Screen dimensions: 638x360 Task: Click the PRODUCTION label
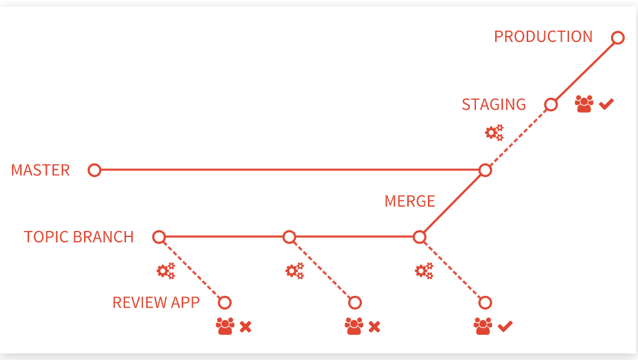click(543, 37)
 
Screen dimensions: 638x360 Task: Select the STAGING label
click(494, 104)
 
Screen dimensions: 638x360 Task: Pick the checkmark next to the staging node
click(606, 104)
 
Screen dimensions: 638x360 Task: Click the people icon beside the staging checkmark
click(584, 104)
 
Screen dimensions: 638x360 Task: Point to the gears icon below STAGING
click(495, 133)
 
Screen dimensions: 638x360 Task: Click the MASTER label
click(40, 170)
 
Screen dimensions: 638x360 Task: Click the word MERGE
click(410, 201)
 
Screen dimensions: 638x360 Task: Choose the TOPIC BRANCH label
click(79, 237)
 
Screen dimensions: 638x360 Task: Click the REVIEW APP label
click(156, 302)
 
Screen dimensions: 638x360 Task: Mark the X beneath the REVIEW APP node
click(245, 326)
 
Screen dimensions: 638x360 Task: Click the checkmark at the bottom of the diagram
click(505, 326)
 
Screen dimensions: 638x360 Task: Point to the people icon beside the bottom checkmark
click(483, 326)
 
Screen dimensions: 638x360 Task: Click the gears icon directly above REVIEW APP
click(166, 271)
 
